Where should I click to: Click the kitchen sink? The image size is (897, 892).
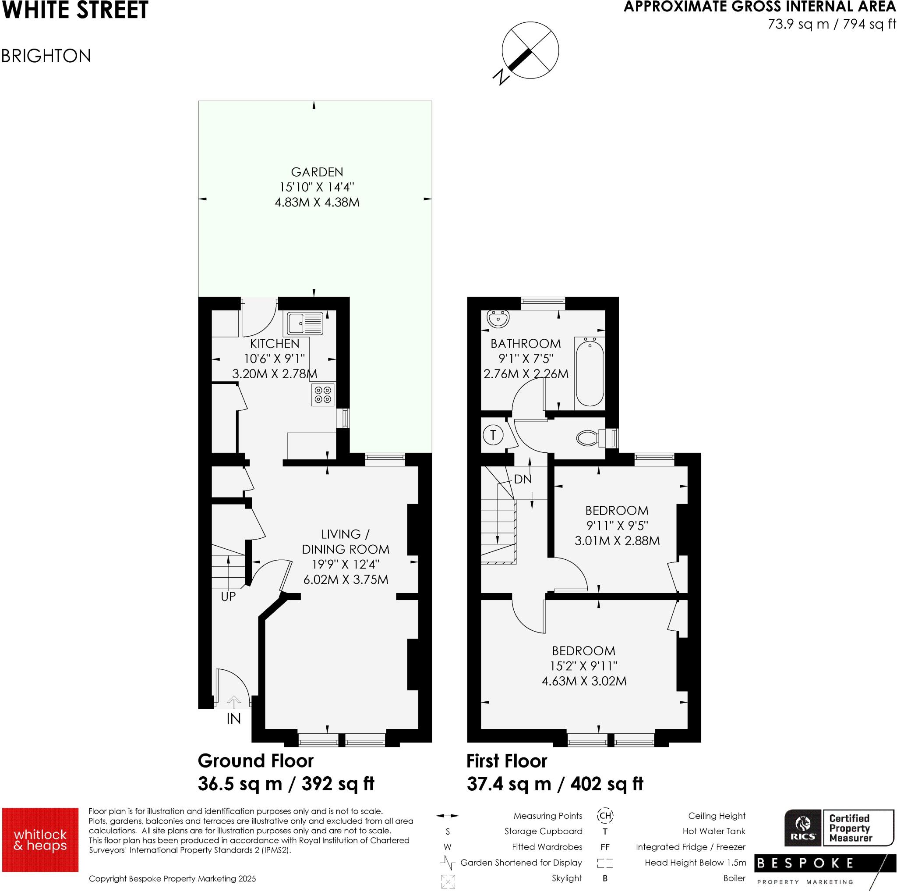(x=305, y=323)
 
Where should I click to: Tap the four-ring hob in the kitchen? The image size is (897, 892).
(x=323, y=395)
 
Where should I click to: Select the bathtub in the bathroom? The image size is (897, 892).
(x=590, y=373)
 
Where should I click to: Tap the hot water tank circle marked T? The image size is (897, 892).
(x=493, y=435)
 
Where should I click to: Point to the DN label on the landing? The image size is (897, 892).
(x=523, y=480)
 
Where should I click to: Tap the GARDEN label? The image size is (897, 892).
(x=317, y=172)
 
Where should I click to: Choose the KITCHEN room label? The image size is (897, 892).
(x=274, y=344)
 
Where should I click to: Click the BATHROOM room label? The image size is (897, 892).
(x=526, y=344)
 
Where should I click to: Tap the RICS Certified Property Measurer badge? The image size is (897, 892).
(x=839, y=828)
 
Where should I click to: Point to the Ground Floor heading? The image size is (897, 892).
(x=255, y=761)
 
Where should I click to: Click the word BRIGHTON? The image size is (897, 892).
(x=46, y=56)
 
